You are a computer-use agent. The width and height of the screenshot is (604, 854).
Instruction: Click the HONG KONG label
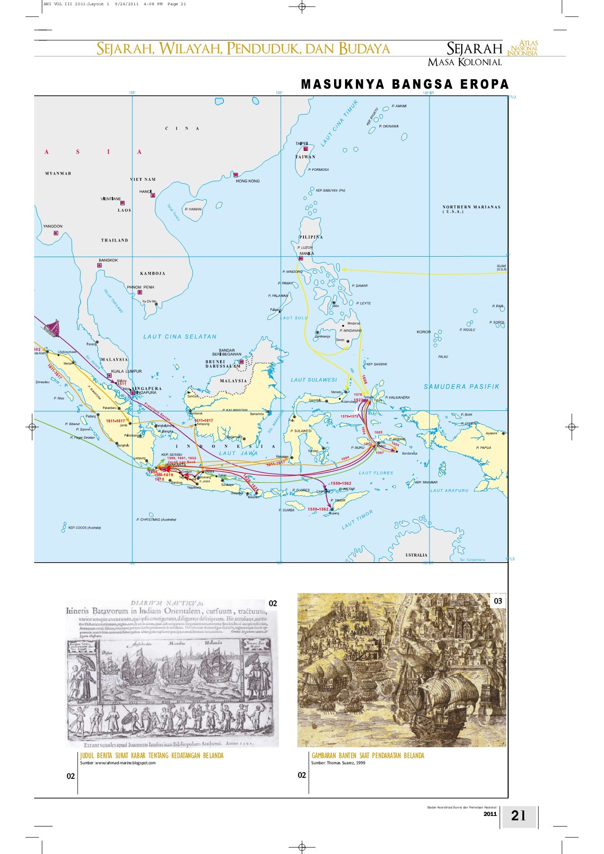tap(248, 181)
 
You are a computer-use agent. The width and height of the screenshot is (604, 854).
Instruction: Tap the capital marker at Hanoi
tap(153, 195)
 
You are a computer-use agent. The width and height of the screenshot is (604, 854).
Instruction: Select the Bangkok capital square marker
tap(100, 265)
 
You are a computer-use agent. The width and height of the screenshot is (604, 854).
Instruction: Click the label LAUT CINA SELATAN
tap(180, 336)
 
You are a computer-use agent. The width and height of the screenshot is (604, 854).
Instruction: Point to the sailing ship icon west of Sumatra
tap(52, 328)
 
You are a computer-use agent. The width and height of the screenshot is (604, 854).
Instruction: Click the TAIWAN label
tap(305, 157)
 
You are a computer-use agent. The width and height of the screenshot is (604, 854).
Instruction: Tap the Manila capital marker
tap(301, 259)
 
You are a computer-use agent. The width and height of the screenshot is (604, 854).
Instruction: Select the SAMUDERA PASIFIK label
tap(461, 387)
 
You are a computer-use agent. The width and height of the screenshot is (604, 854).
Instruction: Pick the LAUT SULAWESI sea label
tap(314, 380)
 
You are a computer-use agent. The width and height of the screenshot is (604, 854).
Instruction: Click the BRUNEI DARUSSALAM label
tap(223, 364)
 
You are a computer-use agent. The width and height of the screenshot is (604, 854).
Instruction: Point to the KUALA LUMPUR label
tap(126, 371)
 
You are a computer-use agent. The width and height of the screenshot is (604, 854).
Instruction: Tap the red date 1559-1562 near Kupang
tap(318, 509)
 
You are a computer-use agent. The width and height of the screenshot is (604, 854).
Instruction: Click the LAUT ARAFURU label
tap(449, 491)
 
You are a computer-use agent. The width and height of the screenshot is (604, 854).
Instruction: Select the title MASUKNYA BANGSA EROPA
tap(405, 84)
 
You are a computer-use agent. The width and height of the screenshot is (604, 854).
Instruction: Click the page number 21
tap(518, 816)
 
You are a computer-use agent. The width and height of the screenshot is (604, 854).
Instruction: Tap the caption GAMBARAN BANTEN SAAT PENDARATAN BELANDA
tap(368, 756)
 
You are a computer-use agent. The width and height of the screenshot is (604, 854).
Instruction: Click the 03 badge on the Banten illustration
tap(498, 601)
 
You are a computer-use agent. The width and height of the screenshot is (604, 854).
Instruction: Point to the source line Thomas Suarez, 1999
tap(338, 763)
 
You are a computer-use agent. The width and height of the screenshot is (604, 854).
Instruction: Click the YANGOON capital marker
tap(56, 233)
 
